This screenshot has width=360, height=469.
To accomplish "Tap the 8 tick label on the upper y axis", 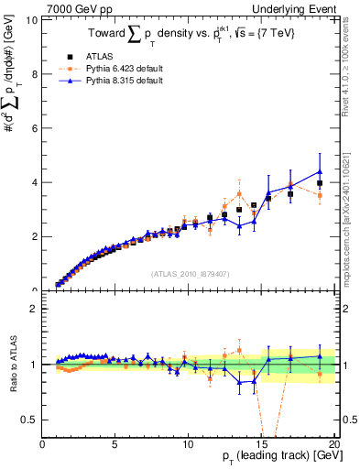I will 36,74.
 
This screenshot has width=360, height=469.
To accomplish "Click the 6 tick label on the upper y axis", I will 36,128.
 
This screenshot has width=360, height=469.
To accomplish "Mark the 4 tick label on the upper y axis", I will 36,182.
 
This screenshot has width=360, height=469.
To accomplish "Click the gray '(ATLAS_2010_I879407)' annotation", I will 189,272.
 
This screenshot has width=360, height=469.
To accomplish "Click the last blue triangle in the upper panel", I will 320,171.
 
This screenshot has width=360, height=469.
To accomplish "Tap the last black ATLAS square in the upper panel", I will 320,183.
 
